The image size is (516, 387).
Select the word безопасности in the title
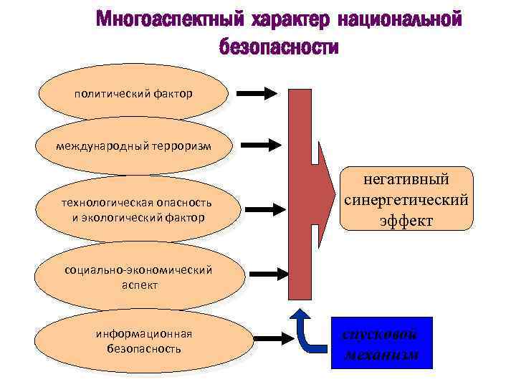pyautogui.click(x=279, y=47)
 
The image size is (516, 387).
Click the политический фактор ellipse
pyautogui.click(x=133, y=93)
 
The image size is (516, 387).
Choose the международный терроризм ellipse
pyautogui.click(x=133, y=146)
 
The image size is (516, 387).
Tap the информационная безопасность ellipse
pyautogui.click(x=143, y=341)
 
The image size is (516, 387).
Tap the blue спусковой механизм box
pyautogui.click(x=382, y=343)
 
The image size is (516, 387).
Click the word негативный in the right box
pyautogui.click(x=406, y=179)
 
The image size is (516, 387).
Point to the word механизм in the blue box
pyautogui.click(x=382, y=355)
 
